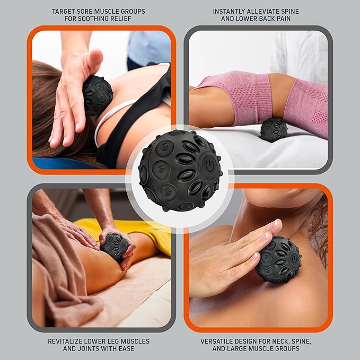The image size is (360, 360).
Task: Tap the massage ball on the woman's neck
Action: (x=97, y=95)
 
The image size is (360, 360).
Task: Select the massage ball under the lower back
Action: (x=274, y=129)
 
